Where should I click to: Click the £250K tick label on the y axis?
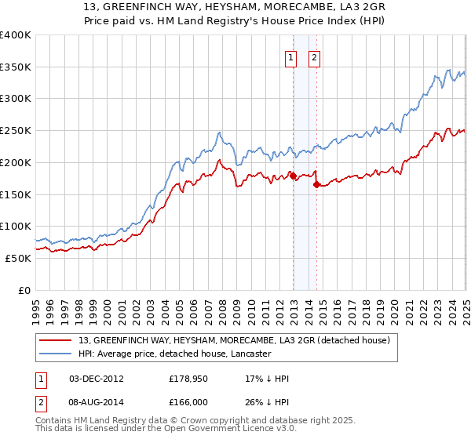tap(15, 131)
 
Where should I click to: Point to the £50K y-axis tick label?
tap(18, 258)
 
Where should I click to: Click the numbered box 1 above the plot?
tap(291, 56)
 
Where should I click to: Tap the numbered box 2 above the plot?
tap(315, 56)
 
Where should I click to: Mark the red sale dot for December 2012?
tap(293, 176)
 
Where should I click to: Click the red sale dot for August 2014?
tap(316, 185)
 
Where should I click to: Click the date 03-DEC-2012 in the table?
tap(97, 379)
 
